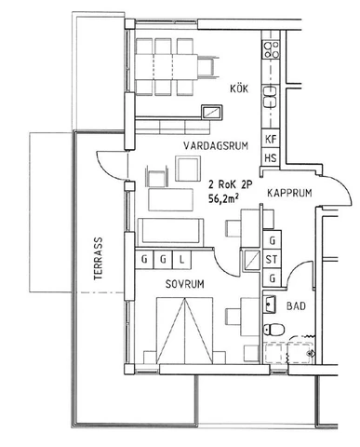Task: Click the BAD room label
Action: click(x=297, y=305)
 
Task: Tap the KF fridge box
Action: click(x=272, y=140)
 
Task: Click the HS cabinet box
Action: click(x=272, y=158)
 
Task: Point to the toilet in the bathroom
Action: click(x=273, y=328)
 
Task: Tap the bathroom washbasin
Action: click(x=270, y=304)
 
